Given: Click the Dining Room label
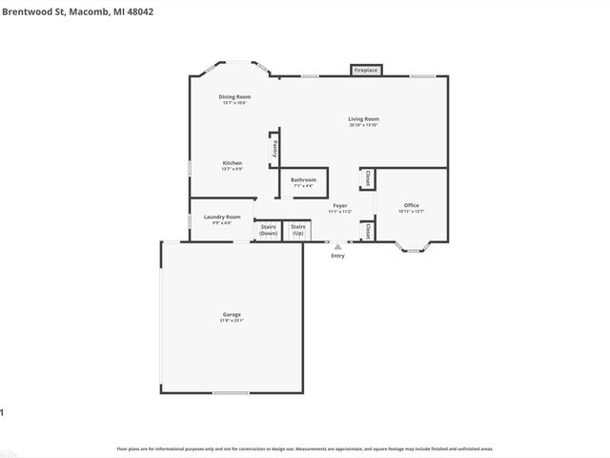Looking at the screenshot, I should pyautogui.click(x=234, y=96).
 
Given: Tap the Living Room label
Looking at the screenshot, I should pyautogui.click(x=364, y=119).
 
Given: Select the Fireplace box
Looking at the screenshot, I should pyautogui.click(x=366, y=71).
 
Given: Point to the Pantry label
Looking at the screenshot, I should pyautogui.click(x=275, y=148).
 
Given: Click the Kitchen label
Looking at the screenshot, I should pyautogui.click(x=233, y=163).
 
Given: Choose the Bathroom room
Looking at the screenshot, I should pyautogui.click(x=303, y=181).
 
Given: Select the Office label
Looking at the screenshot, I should pyautogui.click(x=411, y=205).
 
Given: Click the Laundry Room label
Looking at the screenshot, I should pyautogui.click(x=221, y=218).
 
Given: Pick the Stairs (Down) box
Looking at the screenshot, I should pyautogui.click(x=269, y=230).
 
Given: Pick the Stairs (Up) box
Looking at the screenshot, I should pyautogui.click(x=298, y=230).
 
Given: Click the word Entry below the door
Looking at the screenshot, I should pyautogui.click(x=337, y=256).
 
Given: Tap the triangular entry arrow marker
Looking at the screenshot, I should pyautogui.click(x=337, y=247).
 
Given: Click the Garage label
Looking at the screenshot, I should pyautogui.click(x=232, y=314).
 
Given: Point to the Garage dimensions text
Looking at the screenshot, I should pyautogui.click(x=232, y=321).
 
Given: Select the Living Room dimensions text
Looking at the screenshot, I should pyautogui.click(x=364, y=125).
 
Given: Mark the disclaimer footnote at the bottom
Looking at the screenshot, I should pyautogui.click(x=304, y=448).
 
